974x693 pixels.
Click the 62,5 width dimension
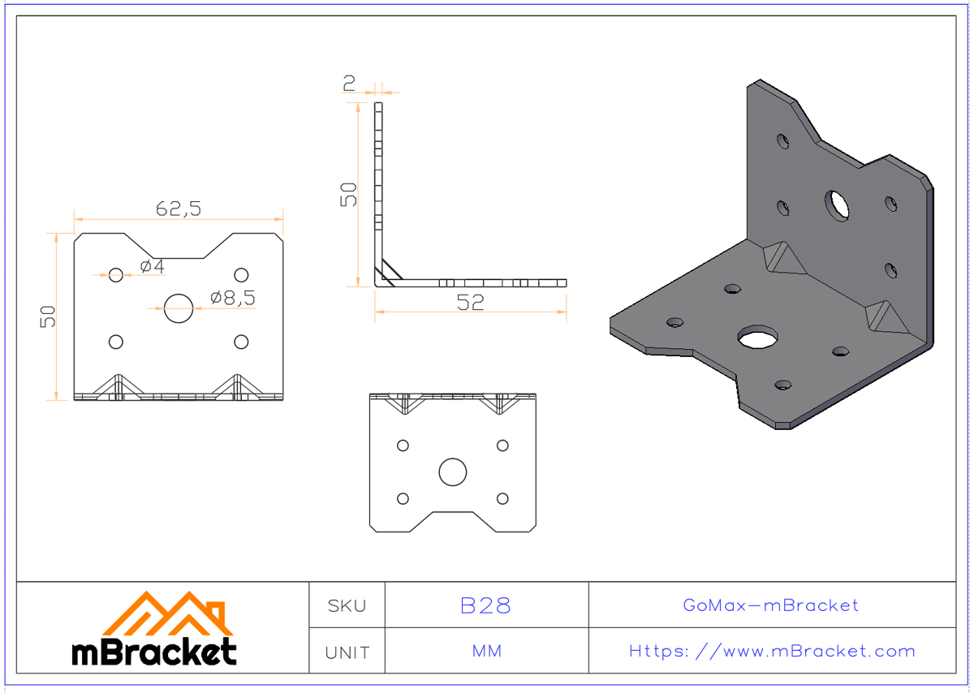point(178,209)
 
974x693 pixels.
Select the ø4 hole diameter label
point(152,266)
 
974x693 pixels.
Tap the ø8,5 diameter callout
point(232,298)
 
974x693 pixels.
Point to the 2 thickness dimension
point(349,82)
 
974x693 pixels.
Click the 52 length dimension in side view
point(470,302)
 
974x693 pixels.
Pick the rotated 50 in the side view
point(348,194)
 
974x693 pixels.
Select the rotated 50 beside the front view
point(49,316)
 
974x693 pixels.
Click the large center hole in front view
point(179,308)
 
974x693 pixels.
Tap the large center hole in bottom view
point(453,471)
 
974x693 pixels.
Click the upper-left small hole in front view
point(116,275)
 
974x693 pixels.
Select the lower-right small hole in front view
point(241,342)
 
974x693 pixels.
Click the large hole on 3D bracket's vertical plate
point(837,204)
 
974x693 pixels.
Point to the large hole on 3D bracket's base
point(756,338)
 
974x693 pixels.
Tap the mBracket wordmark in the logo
point(154,652)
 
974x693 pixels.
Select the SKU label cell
point(347,605)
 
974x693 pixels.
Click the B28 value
point(485,605)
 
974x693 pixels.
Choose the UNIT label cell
point(347,652)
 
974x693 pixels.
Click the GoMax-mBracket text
point(770,605)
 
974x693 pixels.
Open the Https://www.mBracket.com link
point(772,651)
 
